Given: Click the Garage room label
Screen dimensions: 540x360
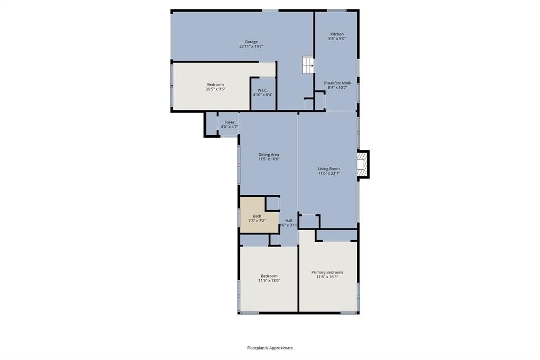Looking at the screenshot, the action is [251, 42].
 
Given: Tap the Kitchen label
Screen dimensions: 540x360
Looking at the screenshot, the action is [337, 34].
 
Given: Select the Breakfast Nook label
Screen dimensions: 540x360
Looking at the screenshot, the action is [337, 83].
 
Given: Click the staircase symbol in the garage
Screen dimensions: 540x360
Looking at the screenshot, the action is [308, 65].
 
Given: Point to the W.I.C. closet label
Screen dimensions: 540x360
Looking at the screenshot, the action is [262, 90].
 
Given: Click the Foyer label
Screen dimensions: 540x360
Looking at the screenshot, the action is [230, 122].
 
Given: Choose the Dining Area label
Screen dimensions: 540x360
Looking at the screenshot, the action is [269, 155].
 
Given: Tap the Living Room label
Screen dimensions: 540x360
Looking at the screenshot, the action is [329, 169].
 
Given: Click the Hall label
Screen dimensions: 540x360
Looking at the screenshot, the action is [289, 221].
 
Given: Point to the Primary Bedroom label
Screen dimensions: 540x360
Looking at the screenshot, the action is [327, 272].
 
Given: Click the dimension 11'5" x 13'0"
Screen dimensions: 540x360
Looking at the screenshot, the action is [269, 280].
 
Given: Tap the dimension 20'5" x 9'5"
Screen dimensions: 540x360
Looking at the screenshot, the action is [215, 89].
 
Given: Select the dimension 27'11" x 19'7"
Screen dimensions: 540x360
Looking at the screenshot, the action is [251, 46].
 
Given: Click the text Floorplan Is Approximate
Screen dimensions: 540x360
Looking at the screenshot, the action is [270, 348].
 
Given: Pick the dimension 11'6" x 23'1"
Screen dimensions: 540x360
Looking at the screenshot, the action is [329, 173].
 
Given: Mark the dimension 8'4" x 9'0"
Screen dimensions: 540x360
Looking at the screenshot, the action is [337, 39].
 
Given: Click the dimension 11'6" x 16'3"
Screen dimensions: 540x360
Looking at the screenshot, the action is [327, 277].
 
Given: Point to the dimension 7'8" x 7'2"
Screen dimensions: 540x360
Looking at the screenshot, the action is [257, 221].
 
